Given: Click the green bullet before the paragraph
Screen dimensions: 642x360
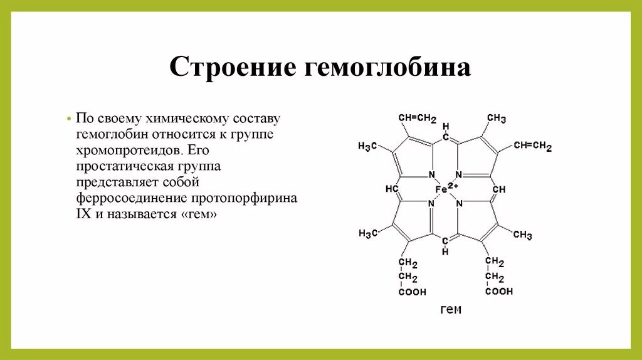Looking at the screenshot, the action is (68, 119).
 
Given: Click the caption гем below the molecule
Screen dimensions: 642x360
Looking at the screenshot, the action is (450, 310).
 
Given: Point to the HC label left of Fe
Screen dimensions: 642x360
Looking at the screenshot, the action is (392, 189).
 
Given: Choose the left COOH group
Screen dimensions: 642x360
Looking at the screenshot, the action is (411, 292).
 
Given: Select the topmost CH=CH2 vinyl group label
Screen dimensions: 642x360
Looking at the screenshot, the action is (417, 118).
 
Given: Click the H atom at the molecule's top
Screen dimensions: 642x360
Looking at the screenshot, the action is (445, 126).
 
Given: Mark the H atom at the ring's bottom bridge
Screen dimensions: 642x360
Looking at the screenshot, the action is (445, 252).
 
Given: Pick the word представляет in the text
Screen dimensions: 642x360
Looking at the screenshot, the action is (112, 183).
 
